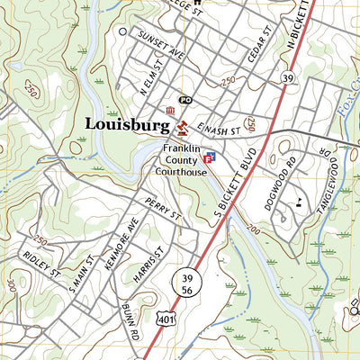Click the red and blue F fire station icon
211,157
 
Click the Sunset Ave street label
160,44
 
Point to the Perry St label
164,213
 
